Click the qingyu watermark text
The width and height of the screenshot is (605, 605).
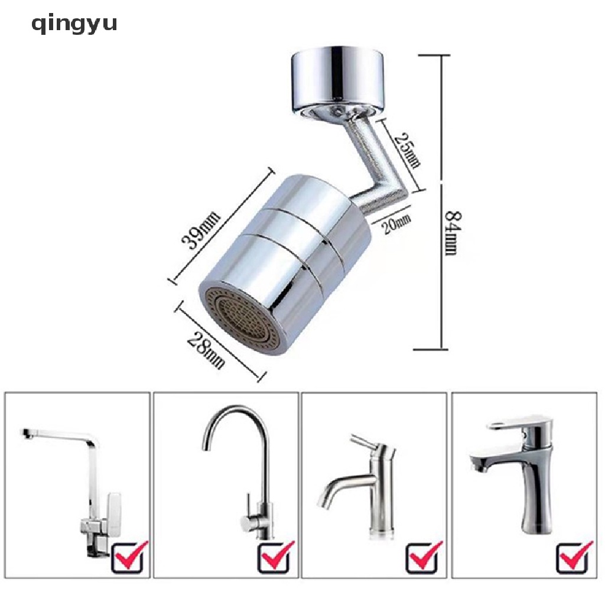pyautogui.click(x=74, y=24)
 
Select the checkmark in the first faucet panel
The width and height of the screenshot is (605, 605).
pyautogui.click(x=128, y=555)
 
